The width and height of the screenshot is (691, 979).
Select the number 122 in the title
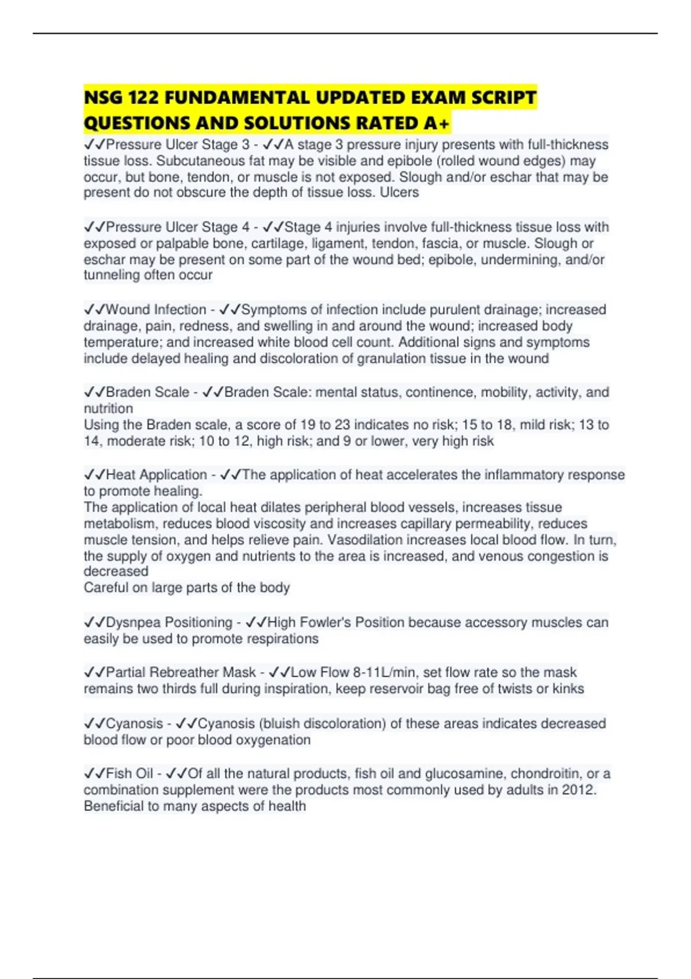[142, 97]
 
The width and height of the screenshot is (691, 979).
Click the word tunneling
[111, 275]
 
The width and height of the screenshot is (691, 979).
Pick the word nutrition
[108, 408]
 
